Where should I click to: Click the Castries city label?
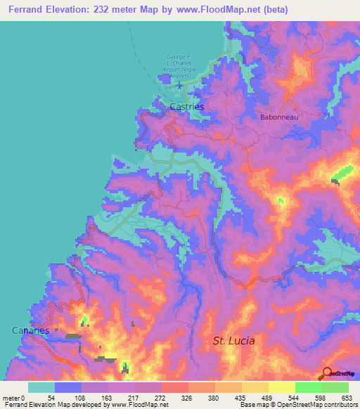point(187,106)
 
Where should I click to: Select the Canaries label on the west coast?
point(30,330)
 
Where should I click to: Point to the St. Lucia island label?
point(233,341)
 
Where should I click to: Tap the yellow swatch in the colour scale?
point(281,387)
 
